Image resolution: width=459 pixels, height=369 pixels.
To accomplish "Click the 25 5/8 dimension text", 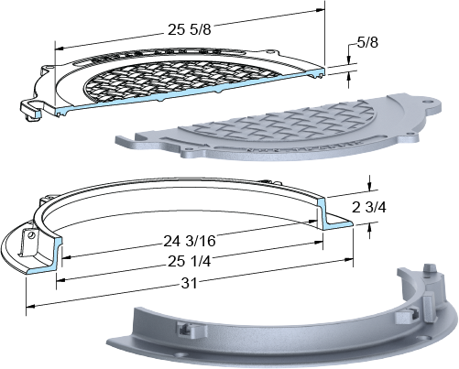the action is click(189, 29).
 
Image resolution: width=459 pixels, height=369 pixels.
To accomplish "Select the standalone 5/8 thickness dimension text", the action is click(367, 42).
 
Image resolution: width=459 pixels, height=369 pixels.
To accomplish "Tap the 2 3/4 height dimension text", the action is click(369, 208).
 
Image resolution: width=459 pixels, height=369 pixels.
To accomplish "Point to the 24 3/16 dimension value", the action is click(190, 241).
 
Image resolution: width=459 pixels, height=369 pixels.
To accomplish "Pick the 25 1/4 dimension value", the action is click(189, 261).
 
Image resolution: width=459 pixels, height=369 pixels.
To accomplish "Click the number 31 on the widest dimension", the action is click(190, 283).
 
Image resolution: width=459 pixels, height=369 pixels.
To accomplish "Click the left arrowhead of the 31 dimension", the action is click(30, 306).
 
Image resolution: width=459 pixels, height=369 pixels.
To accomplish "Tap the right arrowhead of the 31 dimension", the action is click(349, 260).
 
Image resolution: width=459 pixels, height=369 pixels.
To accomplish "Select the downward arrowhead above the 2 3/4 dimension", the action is click(370, 186).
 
